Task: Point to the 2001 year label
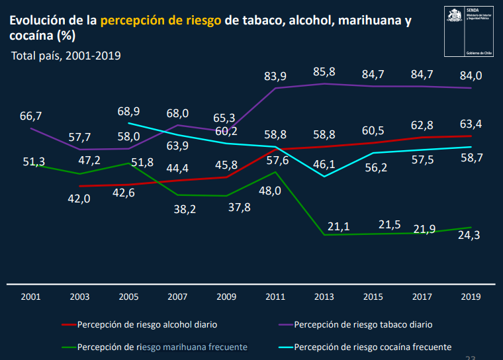[x=30, y=296]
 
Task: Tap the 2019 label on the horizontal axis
[x=471, y=296]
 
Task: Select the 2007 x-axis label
[x=177, y=296]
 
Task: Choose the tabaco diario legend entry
[x=363, y=325]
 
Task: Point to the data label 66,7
[x=30, y=116]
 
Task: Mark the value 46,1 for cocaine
[x=324, y=163]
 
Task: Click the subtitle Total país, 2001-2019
[x=66, y=55]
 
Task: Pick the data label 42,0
[x=79, y=199]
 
